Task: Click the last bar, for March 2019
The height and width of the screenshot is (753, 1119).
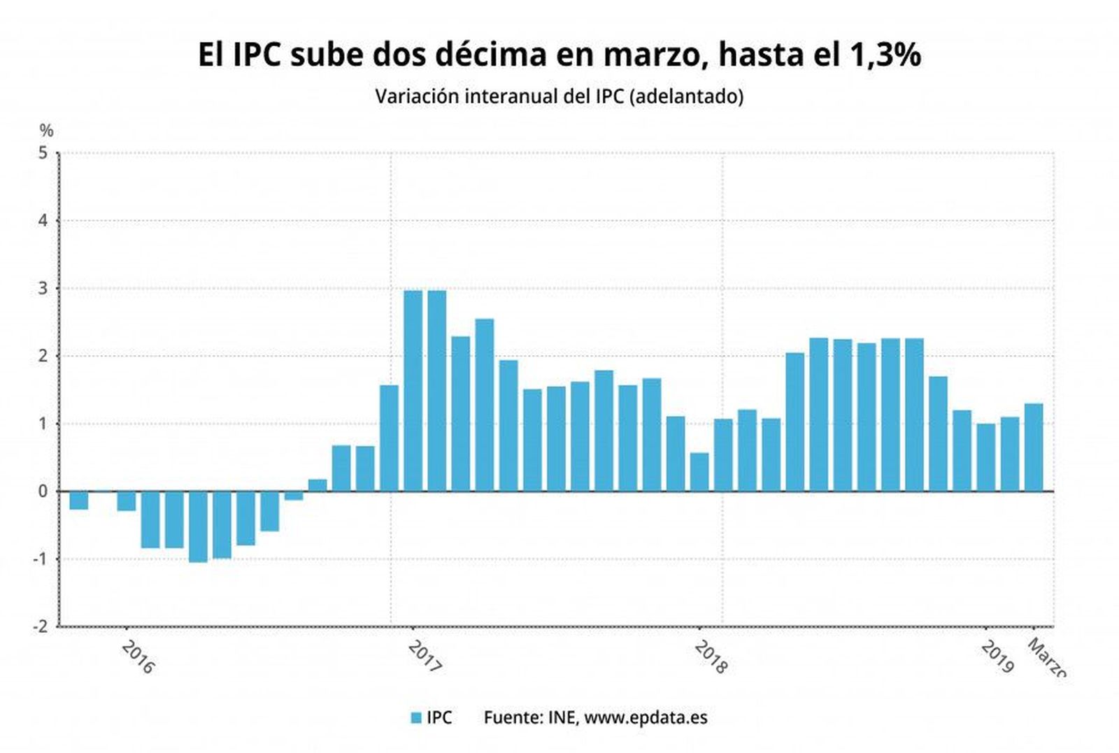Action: pyautogui.click(x=1033, y=447)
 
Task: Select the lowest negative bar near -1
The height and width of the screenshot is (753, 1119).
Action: pyautogui.click(x=198, y=526)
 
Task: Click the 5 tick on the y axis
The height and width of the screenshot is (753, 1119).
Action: pyautogui.click(x=44, y=153)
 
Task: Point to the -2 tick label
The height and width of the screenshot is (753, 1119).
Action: pyautogui.click(x=41, y=626)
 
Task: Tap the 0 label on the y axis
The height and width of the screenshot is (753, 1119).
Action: pyautogui.click(x=43, y=492)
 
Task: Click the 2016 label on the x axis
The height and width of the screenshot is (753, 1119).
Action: pyautogui.click(x=138, y=657)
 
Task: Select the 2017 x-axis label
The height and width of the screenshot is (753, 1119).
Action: pyautogui.click(x=425, y=657)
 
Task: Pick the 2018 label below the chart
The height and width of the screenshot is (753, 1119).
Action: pyautogui.click(x=711, y=657)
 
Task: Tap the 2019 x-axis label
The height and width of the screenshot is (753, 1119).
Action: pyautogui.click(x=997, y=657)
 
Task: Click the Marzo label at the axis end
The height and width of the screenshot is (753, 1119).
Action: pyautogui.click(x=1046, y=657)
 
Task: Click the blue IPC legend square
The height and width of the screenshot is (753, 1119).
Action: pyautogui.click(x=416, y=718)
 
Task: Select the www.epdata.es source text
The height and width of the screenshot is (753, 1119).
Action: pyautogui.click(x=646, y=718)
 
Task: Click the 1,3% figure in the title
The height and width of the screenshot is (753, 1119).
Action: pyautogui.click(x=885, y=55)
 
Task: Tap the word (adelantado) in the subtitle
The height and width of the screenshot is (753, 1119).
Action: pyautogui.click(x=686, y=96)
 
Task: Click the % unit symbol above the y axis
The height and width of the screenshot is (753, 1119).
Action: pyautogui.click(x=46, y=131)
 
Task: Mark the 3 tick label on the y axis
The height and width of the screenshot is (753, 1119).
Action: pyautogui.click(x=44, y=289)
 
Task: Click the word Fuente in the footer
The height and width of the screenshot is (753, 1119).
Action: pyautogui.click(x=513, y=718)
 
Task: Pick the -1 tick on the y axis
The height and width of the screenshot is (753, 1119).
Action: pyautogui.click(x=41, y=559)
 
